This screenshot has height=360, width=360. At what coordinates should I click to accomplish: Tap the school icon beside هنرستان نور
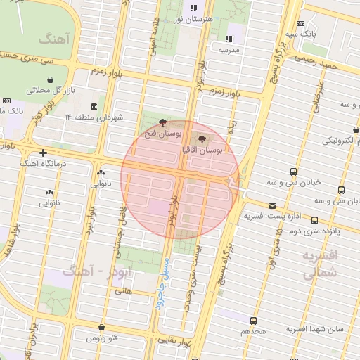[193, 9]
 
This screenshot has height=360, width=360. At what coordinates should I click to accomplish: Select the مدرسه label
[229, 50]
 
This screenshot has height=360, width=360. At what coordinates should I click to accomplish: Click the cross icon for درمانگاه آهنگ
[44, 153]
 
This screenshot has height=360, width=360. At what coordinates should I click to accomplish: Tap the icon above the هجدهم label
[253, 320]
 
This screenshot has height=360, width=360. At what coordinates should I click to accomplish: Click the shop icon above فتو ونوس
[102, 327]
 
